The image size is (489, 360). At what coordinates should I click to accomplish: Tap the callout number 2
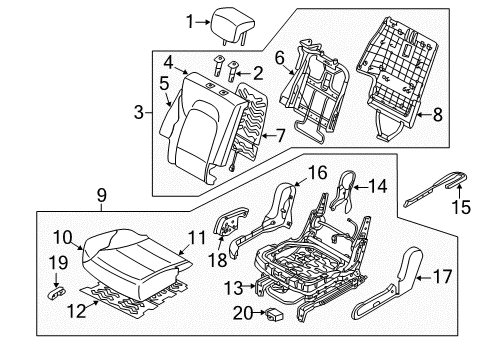[258, 73]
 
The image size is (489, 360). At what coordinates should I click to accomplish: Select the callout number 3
[139, 112]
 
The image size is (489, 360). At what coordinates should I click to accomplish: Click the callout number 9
[102, 195]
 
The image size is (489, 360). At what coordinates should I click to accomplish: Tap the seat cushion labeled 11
[137, 263]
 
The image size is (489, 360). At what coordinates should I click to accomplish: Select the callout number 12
[76, 311]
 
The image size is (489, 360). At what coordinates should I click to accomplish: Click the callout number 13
[233, 288]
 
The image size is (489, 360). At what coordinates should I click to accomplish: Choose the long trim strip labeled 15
[435, 189]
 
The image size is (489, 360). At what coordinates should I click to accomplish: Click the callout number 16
[317, 173]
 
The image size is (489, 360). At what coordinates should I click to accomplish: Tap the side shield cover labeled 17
[388, 283]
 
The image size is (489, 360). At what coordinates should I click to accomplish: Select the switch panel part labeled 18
[230, 223]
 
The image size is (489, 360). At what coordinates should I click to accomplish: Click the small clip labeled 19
[56, 293]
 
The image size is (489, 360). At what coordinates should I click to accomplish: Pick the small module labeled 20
[274, 313]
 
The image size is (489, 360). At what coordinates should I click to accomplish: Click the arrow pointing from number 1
[202, 22]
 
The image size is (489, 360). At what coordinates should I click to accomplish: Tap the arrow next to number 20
[259, 312]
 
